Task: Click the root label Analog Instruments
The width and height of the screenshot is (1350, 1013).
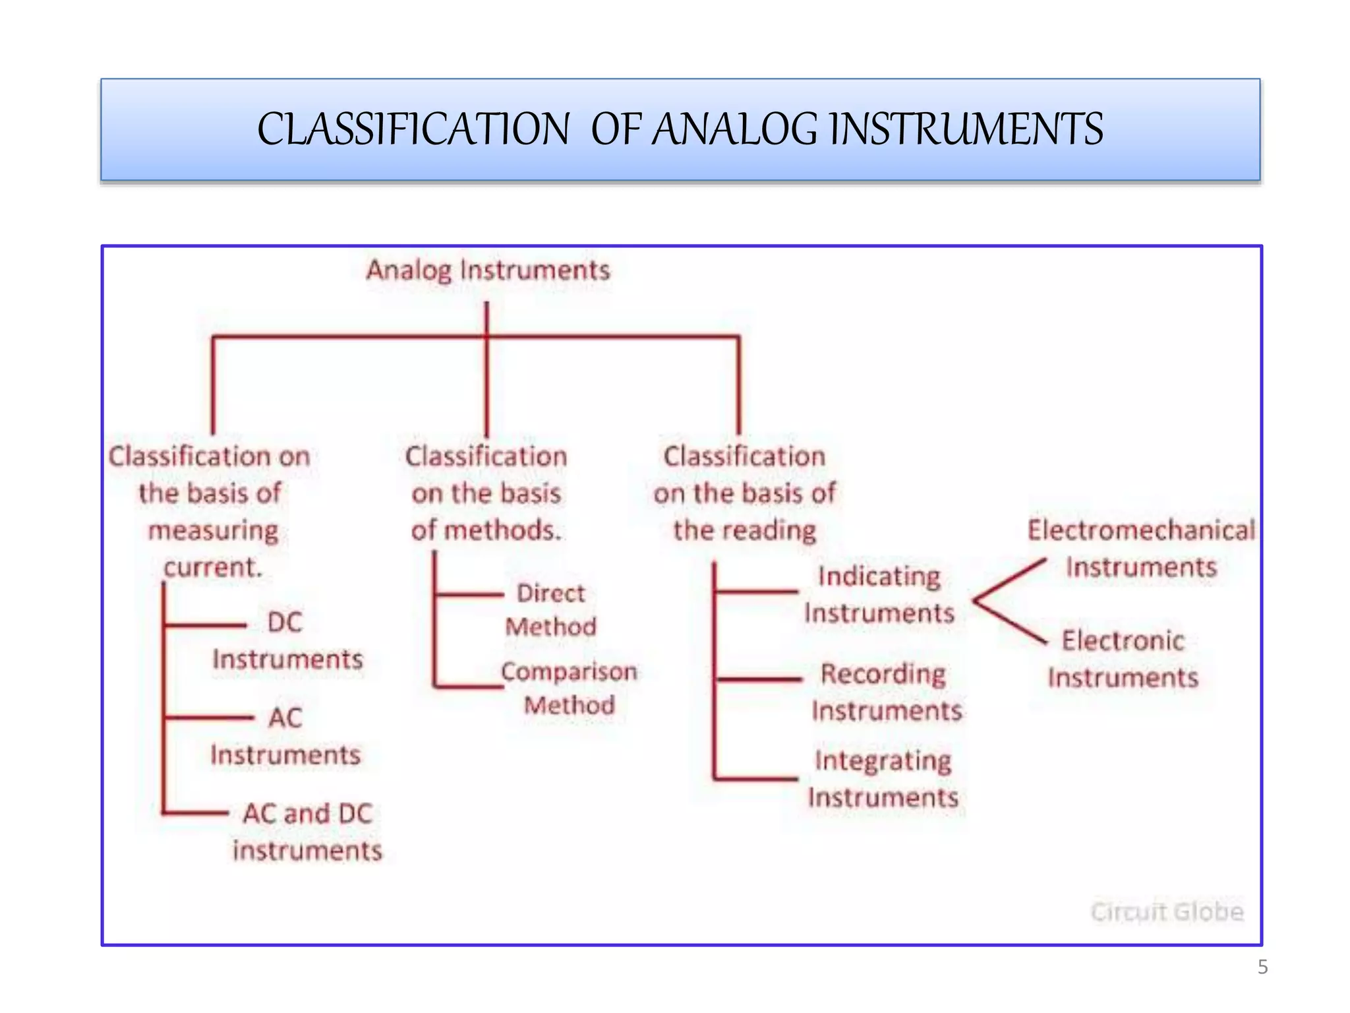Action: [488, 270]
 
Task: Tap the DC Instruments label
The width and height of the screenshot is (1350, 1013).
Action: [287, 640]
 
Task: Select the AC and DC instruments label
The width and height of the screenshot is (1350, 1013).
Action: [307, 832]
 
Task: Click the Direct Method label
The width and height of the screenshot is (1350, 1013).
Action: [550, 609]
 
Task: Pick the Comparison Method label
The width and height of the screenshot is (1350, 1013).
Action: [569, 688]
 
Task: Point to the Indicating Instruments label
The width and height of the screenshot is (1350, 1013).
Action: [879, 594]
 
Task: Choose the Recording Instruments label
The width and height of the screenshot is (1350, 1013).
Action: [886, 692]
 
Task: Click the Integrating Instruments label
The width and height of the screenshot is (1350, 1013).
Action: [883, 778]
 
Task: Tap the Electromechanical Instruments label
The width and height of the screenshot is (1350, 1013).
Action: [1141, 548]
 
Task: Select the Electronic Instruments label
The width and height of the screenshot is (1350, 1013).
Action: [1123, 659]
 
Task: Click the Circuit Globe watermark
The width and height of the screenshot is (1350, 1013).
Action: [1167, 911]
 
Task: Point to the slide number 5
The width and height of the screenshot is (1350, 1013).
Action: [1262, 967]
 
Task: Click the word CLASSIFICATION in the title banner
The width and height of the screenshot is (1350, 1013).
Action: [413, 129]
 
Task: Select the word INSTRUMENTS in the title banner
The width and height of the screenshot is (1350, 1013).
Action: [966, 129]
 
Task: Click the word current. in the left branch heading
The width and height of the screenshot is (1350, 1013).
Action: [213, 567]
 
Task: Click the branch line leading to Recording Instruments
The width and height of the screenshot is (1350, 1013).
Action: [758, 678]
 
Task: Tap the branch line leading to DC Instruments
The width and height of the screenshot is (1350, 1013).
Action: [204, 625]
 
